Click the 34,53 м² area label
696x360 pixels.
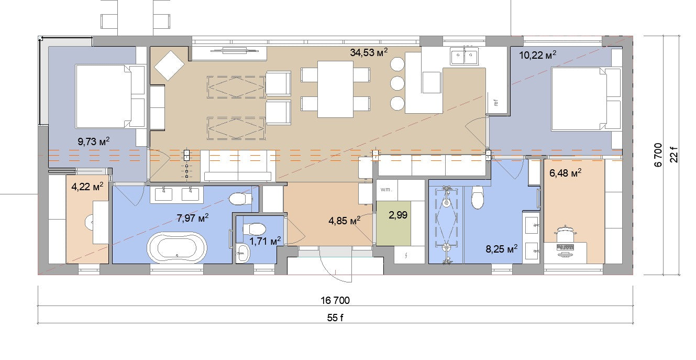click(369, 52)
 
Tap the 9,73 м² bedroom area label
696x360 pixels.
click(94, 141)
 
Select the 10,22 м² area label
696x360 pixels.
click(537, 55)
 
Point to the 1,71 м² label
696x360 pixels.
click(265, 241)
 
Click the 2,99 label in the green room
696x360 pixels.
click(397, 215)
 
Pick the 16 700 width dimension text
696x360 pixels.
click(335, 300)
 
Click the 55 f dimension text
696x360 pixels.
click(335, 318)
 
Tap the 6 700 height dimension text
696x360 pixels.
click(658, 155)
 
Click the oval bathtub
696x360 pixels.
click(177, 248)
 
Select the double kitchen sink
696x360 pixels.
click(464, 56)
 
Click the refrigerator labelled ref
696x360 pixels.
click(496, 103)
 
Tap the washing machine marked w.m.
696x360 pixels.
click(386, 190)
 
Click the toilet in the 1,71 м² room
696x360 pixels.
click(254, 229)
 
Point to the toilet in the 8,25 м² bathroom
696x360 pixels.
click(478, 197)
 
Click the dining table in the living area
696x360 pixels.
click(335, 89)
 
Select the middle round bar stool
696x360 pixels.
click(397, 83)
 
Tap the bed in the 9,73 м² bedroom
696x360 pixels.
click(111, 96)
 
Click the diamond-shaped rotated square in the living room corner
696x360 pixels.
click(169, 66)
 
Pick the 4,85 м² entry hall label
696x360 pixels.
click(344, 221)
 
